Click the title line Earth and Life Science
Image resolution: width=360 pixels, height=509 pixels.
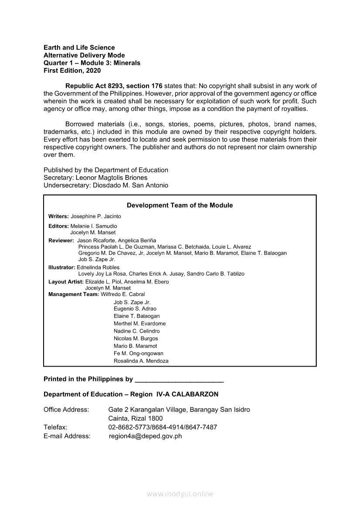pos(79,47)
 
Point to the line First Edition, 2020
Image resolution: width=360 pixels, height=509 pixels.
pos(72,71)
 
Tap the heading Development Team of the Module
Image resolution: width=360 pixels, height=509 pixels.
pos(180,205)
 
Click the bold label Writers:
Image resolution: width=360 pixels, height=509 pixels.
pos(58,216)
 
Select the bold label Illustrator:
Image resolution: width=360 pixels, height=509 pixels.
pos(61,267)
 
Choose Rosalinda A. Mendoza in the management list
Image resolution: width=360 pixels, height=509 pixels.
pos(141,361)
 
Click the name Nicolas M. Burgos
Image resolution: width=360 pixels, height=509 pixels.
pos(136,338)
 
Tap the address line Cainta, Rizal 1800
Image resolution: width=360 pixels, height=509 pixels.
pos(135,418)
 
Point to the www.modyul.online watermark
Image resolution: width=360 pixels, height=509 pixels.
pos(180,494)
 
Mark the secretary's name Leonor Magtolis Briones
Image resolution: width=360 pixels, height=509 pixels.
pos(112,178)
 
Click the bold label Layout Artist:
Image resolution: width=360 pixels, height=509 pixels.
pos(66,282)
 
